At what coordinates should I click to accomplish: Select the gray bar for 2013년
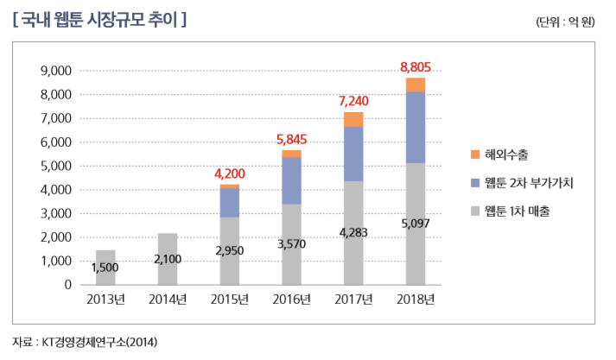tap(105, 267)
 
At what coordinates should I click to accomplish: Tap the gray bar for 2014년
tap(168, 259)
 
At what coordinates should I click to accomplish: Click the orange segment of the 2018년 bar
tap(416, 85)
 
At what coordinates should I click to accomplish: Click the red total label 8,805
tap(416, 66)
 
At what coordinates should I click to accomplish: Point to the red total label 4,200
tap(229, 174)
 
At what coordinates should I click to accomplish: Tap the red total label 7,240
tap(353, 101)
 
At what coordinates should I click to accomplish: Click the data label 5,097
tap(416, 223)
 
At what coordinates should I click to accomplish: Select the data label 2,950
tap(229, 249)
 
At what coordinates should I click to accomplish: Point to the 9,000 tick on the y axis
tap(54, 71)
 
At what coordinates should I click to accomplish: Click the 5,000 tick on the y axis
tap(54, 166)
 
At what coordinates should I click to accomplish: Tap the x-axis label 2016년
tap(291, 300)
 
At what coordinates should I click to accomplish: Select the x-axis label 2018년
tap(416, 300)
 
